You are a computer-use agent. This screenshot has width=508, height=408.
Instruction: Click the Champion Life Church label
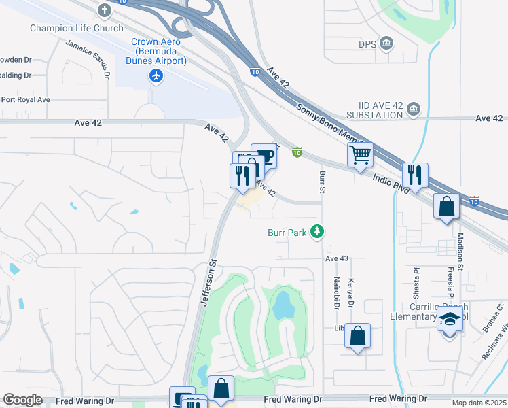point(77,28)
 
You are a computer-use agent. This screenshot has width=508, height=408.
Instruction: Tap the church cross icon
point(104,11)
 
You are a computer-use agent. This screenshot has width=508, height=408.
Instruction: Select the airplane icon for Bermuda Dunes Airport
point(157,75)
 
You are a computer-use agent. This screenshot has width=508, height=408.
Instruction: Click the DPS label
point(367,44)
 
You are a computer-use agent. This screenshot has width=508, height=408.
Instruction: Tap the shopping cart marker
point(360,154)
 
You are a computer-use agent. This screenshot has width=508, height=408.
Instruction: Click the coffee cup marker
point(264,156)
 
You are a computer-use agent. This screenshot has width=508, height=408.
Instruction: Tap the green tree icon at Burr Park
point(316,233)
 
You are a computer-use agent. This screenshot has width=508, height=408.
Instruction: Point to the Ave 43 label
point(336,258)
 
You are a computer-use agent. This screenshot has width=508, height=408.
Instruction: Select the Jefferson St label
point(208,282)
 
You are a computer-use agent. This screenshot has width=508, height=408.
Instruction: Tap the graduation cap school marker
point(449,318)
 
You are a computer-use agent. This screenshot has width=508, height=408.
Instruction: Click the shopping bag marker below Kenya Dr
point(357,336)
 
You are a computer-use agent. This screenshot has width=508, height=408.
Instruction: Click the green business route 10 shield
point(297,152)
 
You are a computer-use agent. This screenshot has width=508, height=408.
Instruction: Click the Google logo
point(22,400)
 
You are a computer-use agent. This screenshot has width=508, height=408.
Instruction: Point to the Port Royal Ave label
point(25,99)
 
